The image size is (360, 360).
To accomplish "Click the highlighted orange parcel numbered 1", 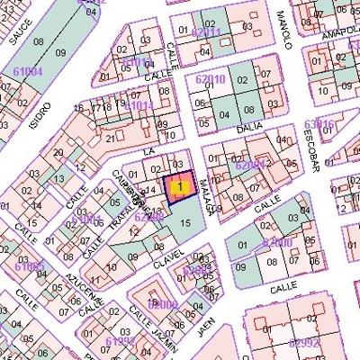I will [x=181, y=187].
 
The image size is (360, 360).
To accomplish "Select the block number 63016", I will [x=319, y=124].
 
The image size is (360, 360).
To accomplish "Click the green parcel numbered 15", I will [x=186, y=221].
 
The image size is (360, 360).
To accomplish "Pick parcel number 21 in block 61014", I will [x=111, y=138].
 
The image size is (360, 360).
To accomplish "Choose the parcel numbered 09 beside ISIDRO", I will [x=60, y=54].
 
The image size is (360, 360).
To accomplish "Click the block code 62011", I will [x=206, y=32].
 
